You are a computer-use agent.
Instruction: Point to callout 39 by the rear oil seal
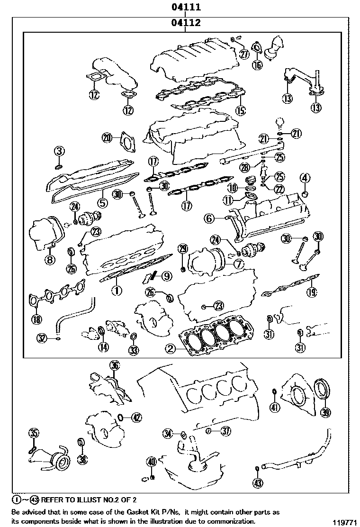pos(325,412)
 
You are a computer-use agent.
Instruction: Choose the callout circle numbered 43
pos(257,483)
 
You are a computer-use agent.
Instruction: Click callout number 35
pos(33,432)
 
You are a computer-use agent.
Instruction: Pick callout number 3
pos(58,152)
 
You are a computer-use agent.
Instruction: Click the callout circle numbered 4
pos(305,179)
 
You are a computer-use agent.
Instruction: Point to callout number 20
pos(107,138)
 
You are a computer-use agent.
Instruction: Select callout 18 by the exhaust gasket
pos(36,318)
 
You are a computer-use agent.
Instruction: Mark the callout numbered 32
pos(43,337)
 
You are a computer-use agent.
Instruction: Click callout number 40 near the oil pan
pos(151,462)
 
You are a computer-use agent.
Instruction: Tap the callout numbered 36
pos(114,365)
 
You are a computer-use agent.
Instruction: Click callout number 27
pos(244,54)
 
